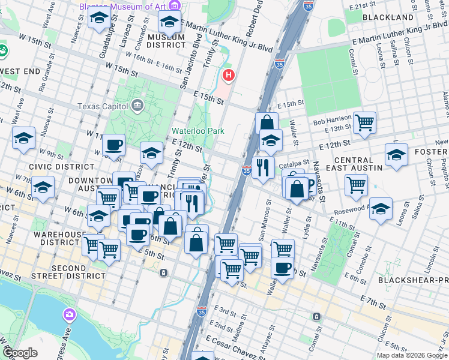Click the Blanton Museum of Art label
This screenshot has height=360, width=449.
(122, 7)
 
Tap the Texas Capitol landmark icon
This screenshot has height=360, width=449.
(138, 106)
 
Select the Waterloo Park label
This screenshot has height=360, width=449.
(193, 130)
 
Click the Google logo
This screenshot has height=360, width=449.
(20, 353)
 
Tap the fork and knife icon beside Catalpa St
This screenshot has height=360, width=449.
(262, 167)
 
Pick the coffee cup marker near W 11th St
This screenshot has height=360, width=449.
(113, 145)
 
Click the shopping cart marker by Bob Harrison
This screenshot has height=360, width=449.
(364, 123)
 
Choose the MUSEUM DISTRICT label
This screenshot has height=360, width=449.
(166, 41)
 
